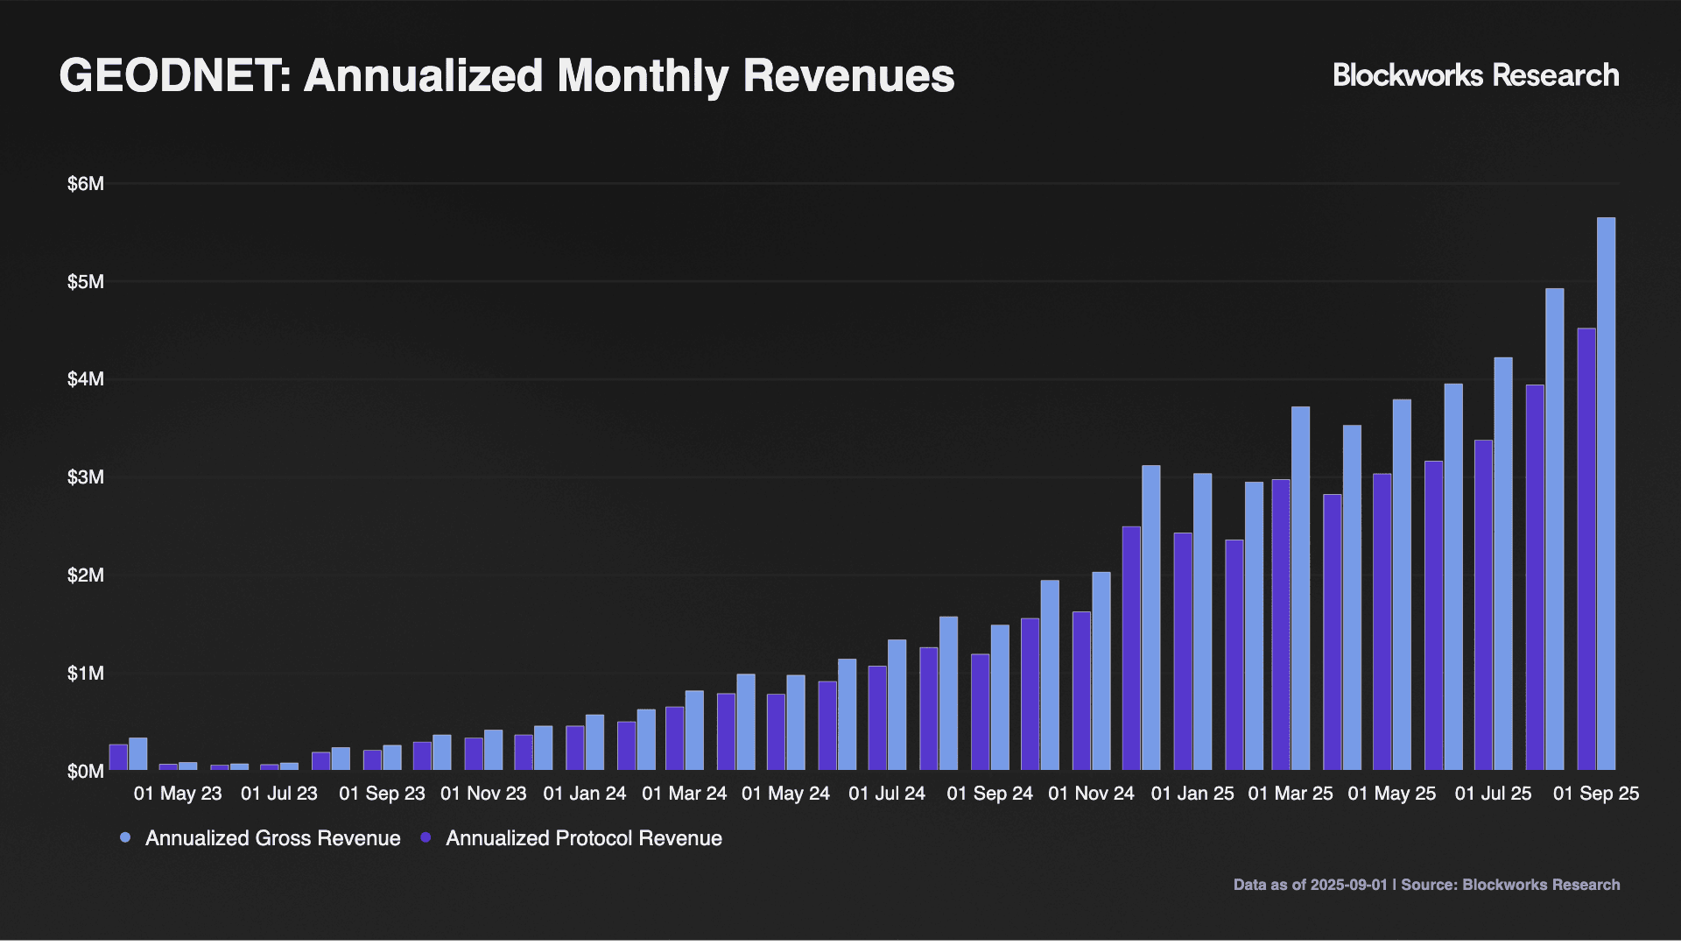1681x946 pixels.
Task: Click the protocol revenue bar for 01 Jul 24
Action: pyautogui.click(x=876, y=718)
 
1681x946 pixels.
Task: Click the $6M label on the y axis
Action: pyautogui.click(x=85, y=184)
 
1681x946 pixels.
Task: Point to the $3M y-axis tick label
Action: pyautogui.click(x=85, y=477)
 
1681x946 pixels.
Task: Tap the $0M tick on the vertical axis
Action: pyautogui.click(x=85, y=772)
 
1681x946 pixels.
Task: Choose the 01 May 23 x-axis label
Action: pyautogui.click(x=178, y=794)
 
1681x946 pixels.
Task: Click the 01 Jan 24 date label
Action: pyautogui.click(x=584, y=794)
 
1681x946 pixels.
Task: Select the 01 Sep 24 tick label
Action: pyautogui.click(x=989, y=794)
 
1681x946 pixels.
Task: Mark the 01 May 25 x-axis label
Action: pyautogui.click(x=1391, y=794)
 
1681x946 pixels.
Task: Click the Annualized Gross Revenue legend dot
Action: pyautogui.click(x=125, y=838)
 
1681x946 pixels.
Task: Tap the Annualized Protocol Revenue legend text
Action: pyautogui.click(x=583, y=838)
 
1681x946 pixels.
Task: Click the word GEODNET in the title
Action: pyautogui.click(x=169, y=75)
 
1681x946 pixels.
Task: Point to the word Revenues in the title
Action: pyautogui.click(x=848, y=75)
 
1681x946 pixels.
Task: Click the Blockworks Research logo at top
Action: pyautogui.click(x=1475, y=75)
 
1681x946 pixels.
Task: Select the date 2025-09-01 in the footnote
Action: pyautogui.click(x=1348, y=885)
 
